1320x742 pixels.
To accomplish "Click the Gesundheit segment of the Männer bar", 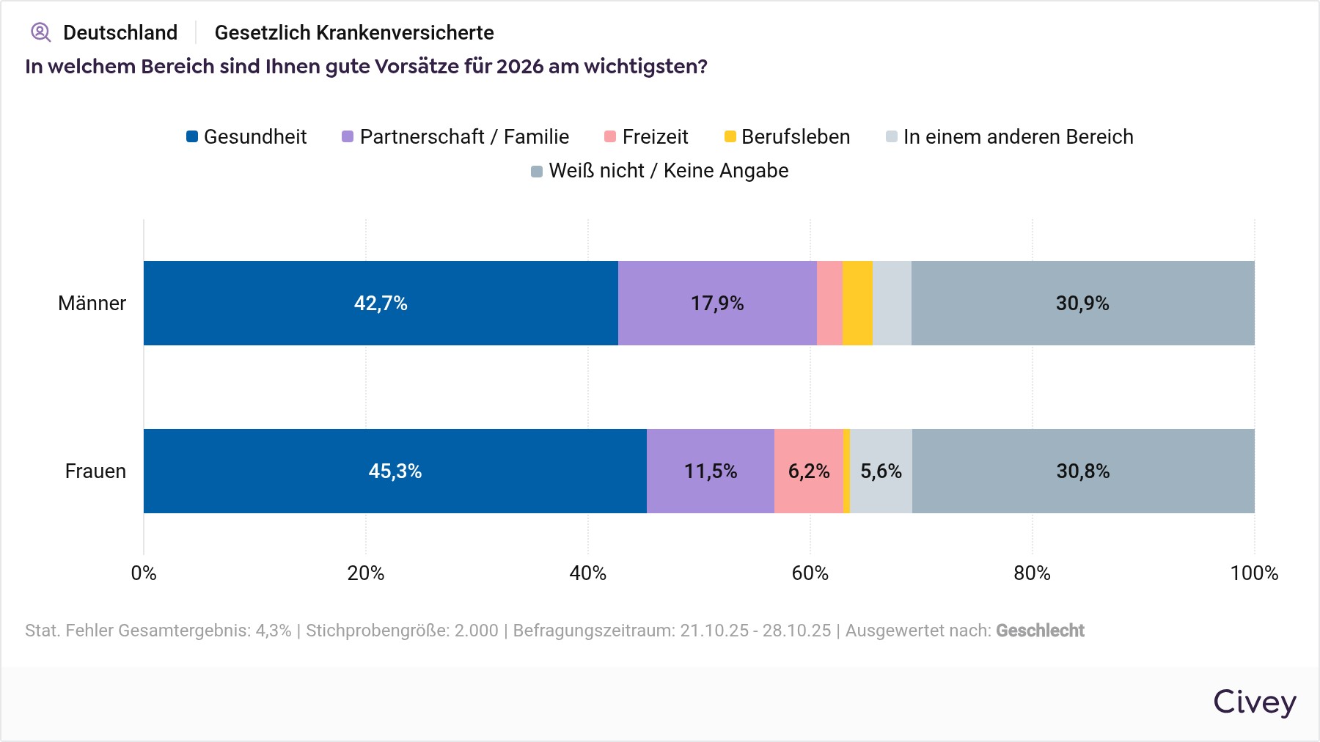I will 381,303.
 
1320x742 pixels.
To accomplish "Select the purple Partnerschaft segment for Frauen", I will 710,471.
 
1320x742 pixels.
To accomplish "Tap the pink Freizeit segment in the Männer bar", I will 829,303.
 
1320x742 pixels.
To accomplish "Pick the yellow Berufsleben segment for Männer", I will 857,303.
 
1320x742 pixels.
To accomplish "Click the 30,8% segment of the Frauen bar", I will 1083,471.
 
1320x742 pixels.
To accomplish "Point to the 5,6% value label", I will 881,471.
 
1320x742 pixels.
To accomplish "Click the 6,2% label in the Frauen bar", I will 809,471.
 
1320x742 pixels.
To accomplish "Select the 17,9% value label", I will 717,304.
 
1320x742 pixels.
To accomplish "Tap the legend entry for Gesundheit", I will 246,137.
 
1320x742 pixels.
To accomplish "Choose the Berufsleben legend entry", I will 787,137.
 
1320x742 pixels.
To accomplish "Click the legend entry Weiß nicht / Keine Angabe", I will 659,171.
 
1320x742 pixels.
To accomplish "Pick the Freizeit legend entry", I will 646,137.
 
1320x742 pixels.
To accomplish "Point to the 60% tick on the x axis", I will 810,573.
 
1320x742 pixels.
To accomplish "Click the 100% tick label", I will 1254,573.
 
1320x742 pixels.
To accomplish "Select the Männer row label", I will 92,304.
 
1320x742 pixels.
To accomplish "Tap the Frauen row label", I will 95,471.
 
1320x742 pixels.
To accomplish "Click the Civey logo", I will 1254,702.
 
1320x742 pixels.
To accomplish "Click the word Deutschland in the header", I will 120,33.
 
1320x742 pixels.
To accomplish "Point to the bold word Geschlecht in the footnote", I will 1040,631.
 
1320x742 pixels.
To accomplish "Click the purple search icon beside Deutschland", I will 40,32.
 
